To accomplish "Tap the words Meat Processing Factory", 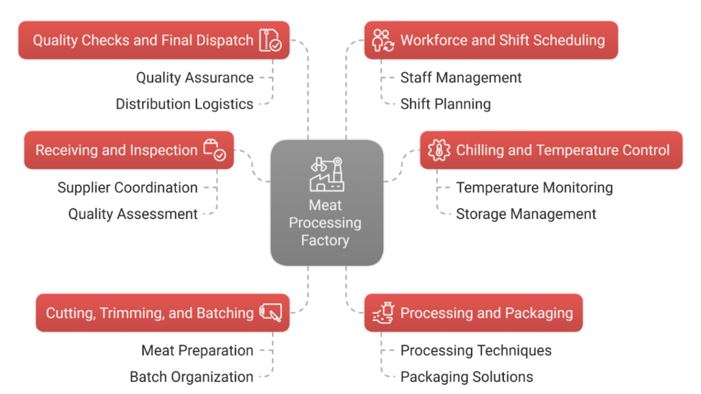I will [325, 223].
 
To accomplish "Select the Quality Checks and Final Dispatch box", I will [153, 40].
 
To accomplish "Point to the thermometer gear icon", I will [437, 150].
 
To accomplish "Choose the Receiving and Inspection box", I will [129, 150].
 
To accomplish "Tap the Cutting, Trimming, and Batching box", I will [162, 313].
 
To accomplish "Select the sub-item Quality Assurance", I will [194, 78].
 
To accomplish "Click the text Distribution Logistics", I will [184, 104].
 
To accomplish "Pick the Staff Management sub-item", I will [461, 78].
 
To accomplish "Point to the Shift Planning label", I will [445, 104].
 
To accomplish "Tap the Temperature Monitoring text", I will [534, 187].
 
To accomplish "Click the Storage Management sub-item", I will [526, 214].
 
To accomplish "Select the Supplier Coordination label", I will [127, 187].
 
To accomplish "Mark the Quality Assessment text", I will [133, 214].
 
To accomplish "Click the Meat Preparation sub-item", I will [197, 350].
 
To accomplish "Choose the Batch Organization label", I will [191, 377].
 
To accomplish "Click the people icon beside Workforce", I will [382, 40].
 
